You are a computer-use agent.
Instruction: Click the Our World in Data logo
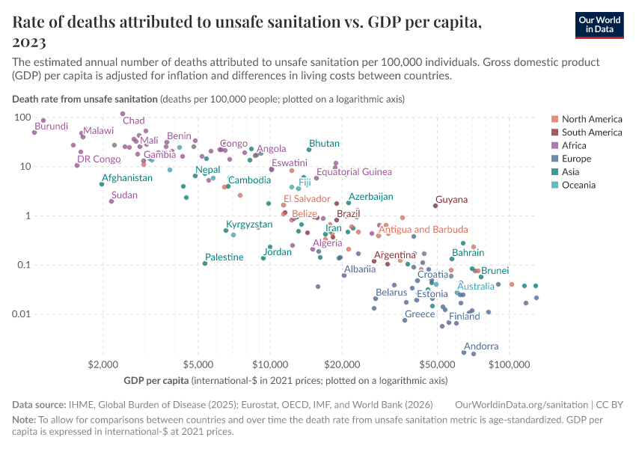coord(599,25)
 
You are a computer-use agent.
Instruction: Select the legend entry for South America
coord(591,132)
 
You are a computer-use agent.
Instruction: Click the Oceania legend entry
coord(578,185)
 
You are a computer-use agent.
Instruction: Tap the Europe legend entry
coord(576,159)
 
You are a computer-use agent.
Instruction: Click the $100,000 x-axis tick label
coord(509,365)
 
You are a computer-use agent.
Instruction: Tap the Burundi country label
coord(52,126)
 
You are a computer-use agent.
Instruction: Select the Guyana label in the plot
coord(451,200)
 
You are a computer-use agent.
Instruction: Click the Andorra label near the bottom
coord(481,346)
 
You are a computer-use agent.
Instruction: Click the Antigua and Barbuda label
coord(424,230)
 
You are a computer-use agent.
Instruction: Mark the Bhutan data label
coord(324,144)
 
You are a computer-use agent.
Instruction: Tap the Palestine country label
coord(224,257)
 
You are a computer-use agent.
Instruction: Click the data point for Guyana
coord(435,206)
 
